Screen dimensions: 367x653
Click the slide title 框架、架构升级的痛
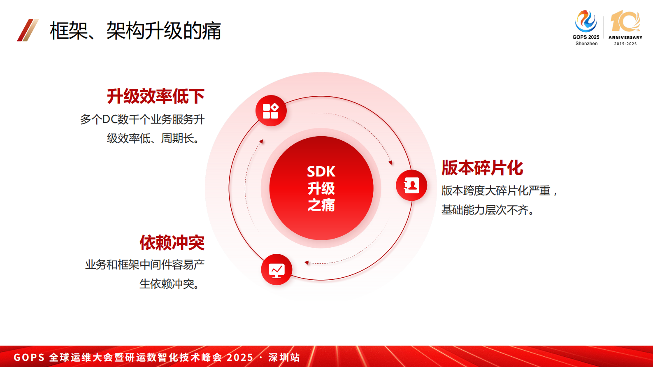[x=135, y=31]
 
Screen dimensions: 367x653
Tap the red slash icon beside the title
[x=28, y=30]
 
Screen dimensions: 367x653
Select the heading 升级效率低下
[x=156, y=96]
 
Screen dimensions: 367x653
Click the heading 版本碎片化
[x=482, y=168]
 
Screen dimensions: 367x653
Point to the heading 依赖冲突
[x=172, y=243]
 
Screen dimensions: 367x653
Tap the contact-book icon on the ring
[x=411, y=186]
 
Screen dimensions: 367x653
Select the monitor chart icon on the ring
[x=277, y=270]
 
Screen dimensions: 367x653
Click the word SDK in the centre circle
[x=321, y=172]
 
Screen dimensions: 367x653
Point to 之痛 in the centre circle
[x=321, y=205]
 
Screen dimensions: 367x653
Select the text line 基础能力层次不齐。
[x=488, y=210]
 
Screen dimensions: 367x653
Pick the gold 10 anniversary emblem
[x=625, y=21]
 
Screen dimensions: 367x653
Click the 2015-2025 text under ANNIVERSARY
[x=625, y=44]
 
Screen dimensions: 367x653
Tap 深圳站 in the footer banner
[x=284, y=357]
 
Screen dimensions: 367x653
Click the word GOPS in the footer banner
[x=29, y=357]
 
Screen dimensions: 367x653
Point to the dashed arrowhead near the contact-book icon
[x=390, y=163]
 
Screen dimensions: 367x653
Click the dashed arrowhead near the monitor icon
[x=307, y=262]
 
